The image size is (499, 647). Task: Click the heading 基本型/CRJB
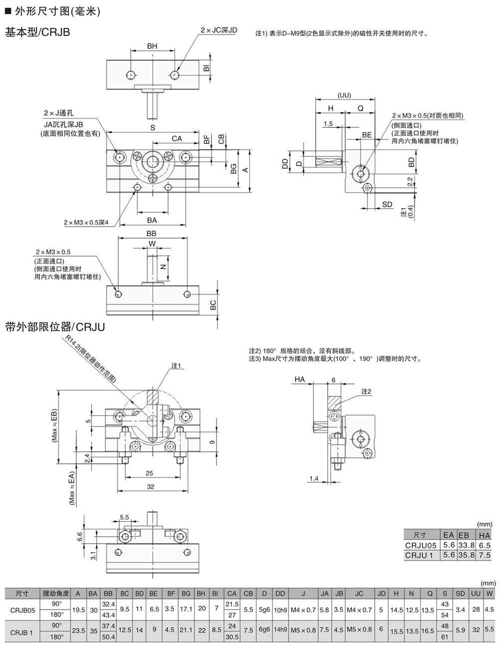pos(37,33)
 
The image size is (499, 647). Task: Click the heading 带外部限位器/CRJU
pos(54,327)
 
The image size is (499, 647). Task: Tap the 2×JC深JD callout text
pos(219,30)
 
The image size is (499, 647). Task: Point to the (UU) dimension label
pos(344,95)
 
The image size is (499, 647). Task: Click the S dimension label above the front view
pos(153,128)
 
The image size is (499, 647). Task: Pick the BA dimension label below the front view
pos(152,220)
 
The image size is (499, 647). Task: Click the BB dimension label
pos(151,234)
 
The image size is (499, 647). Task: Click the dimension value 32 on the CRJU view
pos(151,486)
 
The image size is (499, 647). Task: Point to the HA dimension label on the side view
pos(299,380)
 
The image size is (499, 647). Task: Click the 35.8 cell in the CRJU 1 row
pos(464,555)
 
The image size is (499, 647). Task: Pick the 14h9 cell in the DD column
pos(280,630)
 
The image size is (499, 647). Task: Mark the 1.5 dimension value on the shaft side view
pos(328,124)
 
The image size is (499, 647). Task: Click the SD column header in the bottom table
pos(460,593)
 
